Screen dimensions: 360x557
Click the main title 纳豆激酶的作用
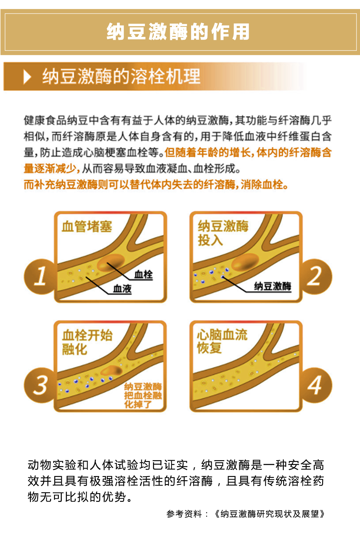coord(178,32)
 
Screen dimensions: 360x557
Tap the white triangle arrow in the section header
coord(27,77)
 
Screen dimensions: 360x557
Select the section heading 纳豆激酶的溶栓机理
coord(121,76)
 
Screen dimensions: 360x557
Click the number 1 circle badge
coord(40,276)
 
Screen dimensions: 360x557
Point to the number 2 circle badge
coord(315,276)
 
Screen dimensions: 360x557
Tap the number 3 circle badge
coord(40,385)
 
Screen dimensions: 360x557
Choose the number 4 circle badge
coord(315,385)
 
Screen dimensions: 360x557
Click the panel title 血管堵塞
coord(87,226)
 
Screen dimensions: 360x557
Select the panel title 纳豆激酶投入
coord(223,233)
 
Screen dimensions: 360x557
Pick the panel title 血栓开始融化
coord(87,342)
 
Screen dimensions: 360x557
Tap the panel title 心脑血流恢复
coord(222,341)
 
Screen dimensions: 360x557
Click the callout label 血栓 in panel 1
coord(143,274)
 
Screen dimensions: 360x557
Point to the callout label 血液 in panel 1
coord(122,288)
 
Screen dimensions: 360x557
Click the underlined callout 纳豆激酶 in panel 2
coord(272,286)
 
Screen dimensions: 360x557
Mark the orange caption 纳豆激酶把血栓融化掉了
coord(143,396)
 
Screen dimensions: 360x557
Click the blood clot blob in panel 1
coord(111,263)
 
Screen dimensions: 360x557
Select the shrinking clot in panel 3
coord(111,371)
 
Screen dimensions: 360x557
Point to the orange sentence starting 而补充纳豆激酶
coord(156,185)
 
